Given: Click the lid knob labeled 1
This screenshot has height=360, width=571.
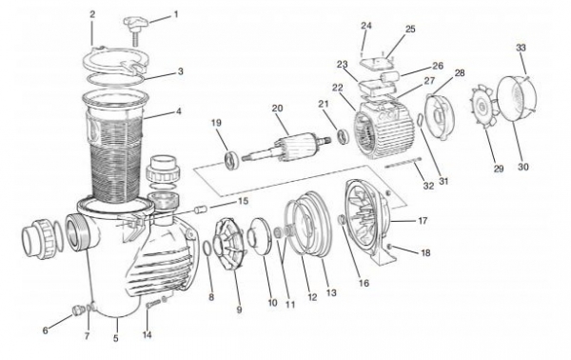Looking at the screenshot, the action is pos(136,30).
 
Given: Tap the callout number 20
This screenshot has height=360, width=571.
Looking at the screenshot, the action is pos(277,109).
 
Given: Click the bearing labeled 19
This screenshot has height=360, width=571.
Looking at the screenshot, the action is pos(231,161).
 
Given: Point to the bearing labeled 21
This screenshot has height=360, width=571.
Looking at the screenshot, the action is pos(344,136).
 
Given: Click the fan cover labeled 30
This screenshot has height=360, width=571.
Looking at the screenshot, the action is pos(517,97).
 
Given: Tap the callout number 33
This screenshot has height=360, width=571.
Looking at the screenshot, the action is pos(521,48).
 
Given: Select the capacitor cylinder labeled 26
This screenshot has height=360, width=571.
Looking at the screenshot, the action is pos(390,76).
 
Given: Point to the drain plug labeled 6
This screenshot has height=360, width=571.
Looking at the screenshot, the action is pos(78,310).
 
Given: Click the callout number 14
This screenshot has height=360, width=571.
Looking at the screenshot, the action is pos(147,335).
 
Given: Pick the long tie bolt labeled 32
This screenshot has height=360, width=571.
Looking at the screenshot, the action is pos(404,163).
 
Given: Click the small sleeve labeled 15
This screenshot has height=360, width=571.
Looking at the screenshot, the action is pos(201,210).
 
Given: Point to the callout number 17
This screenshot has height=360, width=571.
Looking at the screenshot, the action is pos(423,221).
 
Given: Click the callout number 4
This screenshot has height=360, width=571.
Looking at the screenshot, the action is pos(179,111).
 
